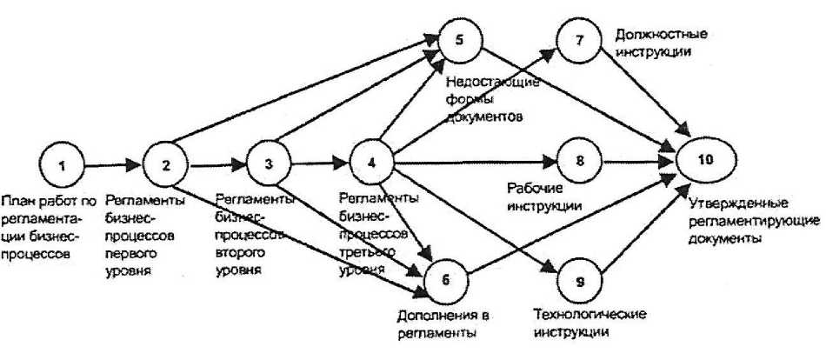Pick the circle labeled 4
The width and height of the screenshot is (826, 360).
(x=372, y=162)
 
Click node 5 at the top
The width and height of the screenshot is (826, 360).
(x=460, y=40)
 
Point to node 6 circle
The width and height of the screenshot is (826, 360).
(x=447, y=280)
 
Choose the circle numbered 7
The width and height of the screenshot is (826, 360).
(x=581, y=40)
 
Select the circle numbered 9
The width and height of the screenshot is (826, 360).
(x=581, y=280)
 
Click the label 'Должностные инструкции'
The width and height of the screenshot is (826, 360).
(x=660, y=43)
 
